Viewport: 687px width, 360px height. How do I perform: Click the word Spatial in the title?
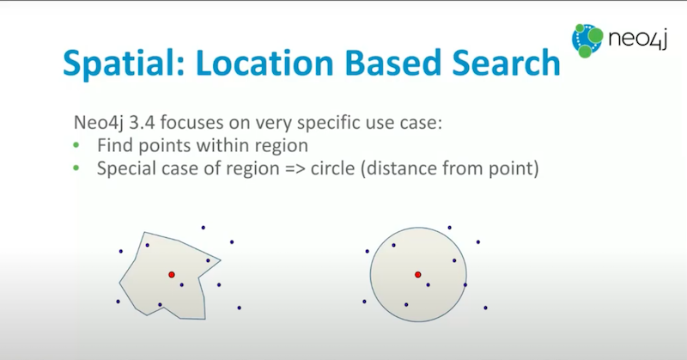click(124, 64)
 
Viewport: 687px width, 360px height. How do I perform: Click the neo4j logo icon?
click(587, 40)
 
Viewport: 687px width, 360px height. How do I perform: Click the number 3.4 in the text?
click(142, 122)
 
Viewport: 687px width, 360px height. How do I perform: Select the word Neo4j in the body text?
click(99, 123)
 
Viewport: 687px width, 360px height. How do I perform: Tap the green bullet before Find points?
click(76, 144)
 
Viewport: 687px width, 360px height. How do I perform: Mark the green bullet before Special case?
click(76, 168)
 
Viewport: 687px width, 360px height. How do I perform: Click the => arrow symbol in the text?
click(295, 168)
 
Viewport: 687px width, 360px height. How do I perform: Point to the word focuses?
click(192, 122)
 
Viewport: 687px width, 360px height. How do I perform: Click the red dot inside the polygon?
click(172, 274)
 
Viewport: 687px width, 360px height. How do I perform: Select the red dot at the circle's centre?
click(418, 274)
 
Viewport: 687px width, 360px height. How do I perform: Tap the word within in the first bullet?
click(222, 145)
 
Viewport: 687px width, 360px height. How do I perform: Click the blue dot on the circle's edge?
click(465, 285)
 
